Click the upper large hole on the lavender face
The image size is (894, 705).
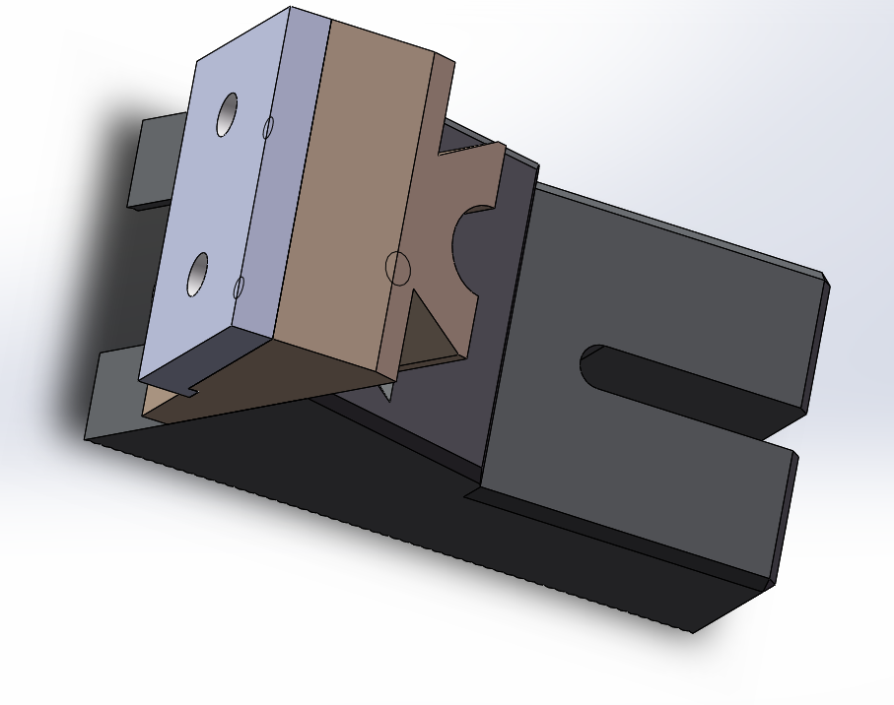227,115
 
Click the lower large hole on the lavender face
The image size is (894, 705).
198,274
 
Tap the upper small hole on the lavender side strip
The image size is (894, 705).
267,127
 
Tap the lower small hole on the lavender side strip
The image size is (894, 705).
239,287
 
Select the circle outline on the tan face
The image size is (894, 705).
396,267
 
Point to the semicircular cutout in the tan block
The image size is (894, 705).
471,246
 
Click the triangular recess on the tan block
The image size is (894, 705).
429,330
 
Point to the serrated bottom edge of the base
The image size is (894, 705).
394,532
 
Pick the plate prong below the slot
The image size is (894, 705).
641,473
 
